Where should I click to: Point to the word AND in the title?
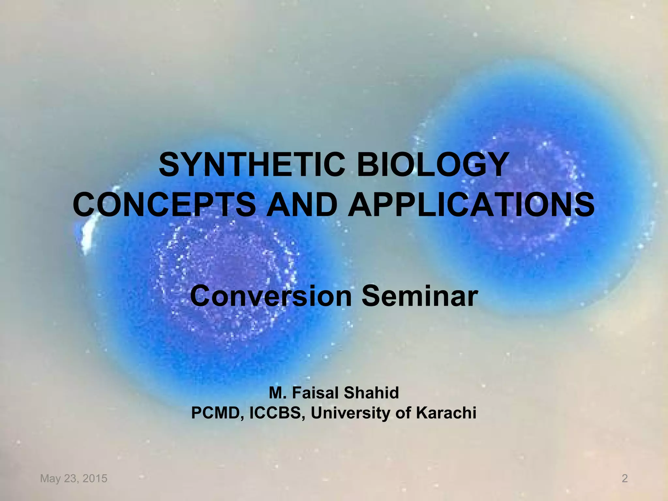click(x=302, y=205)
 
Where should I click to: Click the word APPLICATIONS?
click(x=471, y=205)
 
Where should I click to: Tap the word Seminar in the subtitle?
click(x=419, y=296)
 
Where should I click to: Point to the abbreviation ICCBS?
click(x=277, y=413)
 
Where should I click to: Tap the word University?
click(x=350, y=413)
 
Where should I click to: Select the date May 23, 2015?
click(x=74, y=478)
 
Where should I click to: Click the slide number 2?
click(x=624, y=478)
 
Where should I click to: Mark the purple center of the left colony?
click(x=228, y=271)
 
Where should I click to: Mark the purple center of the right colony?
click(x=519, y=192)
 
